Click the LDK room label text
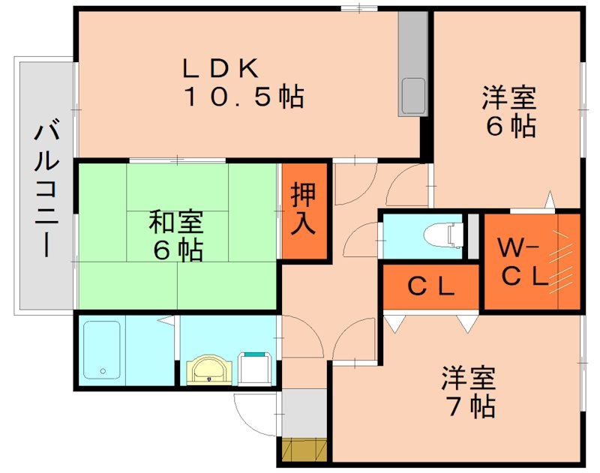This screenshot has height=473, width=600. tap(221, 68)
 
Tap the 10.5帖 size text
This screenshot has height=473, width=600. tap(243, 97)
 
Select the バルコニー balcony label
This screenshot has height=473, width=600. tap(46, 188)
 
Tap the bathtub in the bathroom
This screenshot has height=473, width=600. tap(102, 350)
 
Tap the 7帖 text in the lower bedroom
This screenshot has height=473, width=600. tap(471, 406)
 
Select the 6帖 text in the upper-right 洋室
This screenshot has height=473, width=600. tap(511, 126)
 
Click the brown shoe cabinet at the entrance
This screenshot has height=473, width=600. tap(305, 451)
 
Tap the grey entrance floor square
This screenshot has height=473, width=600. tap(304, 413)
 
